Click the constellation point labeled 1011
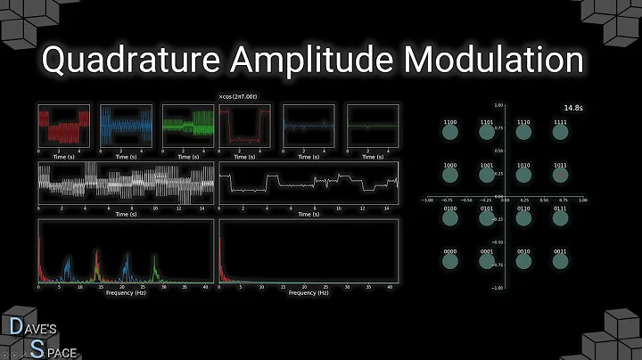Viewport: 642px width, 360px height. [x=559, y=174]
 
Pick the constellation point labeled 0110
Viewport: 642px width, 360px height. [x=523, y=217]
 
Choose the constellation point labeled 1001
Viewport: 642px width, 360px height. [x=488, y=174]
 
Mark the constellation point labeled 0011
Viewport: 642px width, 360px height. [x=559, y=258]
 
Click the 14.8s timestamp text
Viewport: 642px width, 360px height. [x=573, y=109]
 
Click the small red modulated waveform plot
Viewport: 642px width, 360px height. [x=62, y=127]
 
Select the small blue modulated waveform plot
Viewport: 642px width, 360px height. [x=125, y=127]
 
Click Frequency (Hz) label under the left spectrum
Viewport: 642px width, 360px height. [x=125, y=292]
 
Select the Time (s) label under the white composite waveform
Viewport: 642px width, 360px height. [x=125, y=214]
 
